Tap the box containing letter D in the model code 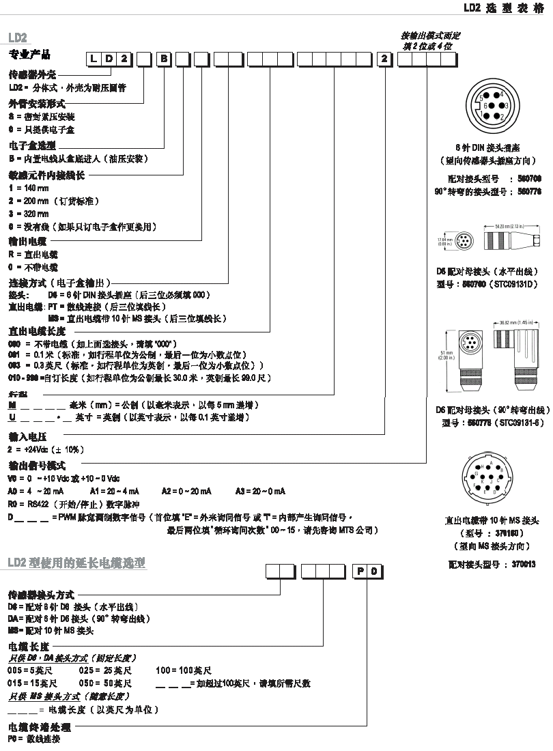point(109,59)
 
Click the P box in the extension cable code point(360,571)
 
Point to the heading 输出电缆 point(27,241)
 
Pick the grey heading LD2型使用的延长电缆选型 point(76,563)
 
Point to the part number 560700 point(530,179)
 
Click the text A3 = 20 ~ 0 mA point(260,492)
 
